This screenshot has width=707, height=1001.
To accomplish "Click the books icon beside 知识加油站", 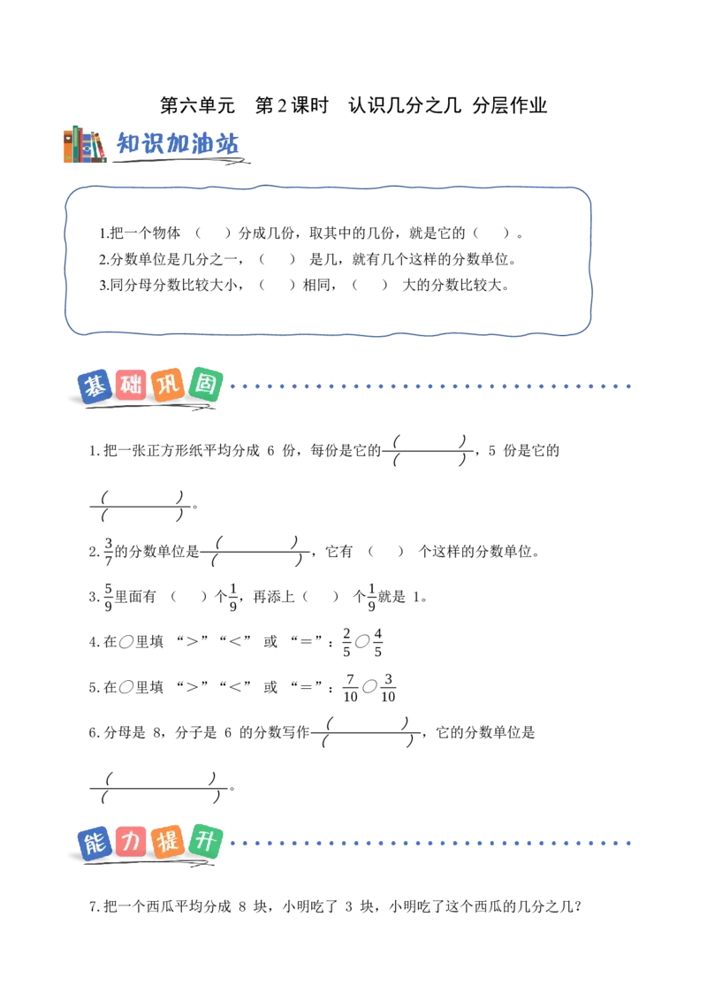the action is (85, 144).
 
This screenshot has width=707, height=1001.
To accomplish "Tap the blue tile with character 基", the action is (95, 386).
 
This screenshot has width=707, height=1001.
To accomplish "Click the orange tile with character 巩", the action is (168, 385).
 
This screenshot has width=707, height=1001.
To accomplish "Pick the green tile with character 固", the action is (205, 385).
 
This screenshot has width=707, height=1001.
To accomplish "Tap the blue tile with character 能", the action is (95, 844).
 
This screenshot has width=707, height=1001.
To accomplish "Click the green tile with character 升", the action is (205, 841).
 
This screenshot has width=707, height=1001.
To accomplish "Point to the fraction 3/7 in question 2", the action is (109, 552).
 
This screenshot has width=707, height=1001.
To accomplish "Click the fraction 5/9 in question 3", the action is (109, 597).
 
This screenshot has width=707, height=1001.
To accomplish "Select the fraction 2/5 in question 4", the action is (346, 642).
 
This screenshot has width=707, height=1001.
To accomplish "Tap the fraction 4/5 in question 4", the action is (377, 642).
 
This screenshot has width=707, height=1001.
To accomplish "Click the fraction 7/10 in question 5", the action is (350, 688).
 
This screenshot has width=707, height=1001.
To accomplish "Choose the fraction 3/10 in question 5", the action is (388, 688).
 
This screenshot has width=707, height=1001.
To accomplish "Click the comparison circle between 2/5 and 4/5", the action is (362, 642).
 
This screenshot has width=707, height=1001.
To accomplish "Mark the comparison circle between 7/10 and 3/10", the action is (369, 687).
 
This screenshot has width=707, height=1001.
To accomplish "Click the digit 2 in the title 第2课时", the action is (281, 105).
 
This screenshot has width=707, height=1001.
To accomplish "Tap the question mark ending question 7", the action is (578, 906).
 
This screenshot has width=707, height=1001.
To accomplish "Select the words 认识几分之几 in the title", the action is (405, 105).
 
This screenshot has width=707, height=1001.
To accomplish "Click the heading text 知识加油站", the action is (178, 144).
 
